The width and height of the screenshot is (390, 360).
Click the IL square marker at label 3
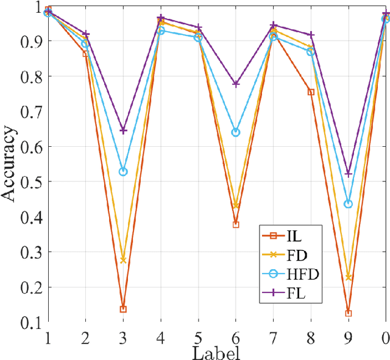[x=123, y=309]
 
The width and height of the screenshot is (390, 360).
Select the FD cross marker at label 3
[x=123, y=260]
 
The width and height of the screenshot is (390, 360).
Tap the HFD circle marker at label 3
[x=123, y=172]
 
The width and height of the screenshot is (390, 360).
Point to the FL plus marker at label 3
[x=123, y=130]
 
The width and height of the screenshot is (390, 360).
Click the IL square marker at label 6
[x=236, y=225]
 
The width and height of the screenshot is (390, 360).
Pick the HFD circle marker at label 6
[x=236, y=132]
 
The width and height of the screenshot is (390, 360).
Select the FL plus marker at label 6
[x=236, y=83]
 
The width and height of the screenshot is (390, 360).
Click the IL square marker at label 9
[x=349, y=313]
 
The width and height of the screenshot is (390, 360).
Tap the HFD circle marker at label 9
[x=349, y=204]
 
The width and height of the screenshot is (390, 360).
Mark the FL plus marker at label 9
[x=349, y=174]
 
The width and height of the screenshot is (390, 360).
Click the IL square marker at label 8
[x=311, y=92]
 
